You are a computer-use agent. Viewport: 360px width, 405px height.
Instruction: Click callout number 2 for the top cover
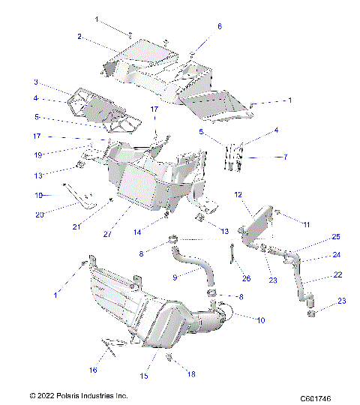click(79, 36)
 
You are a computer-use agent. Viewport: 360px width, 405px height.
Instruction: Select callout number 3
click(35, 82)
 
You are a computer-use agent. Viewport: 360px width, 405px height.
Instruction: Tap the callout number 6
click(220, 26)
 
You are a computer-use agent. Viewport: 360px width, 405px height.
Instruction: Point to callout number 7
click(264, 157)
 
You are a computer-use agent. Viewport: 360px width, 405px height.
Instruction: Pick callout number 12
click(238, 195)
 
